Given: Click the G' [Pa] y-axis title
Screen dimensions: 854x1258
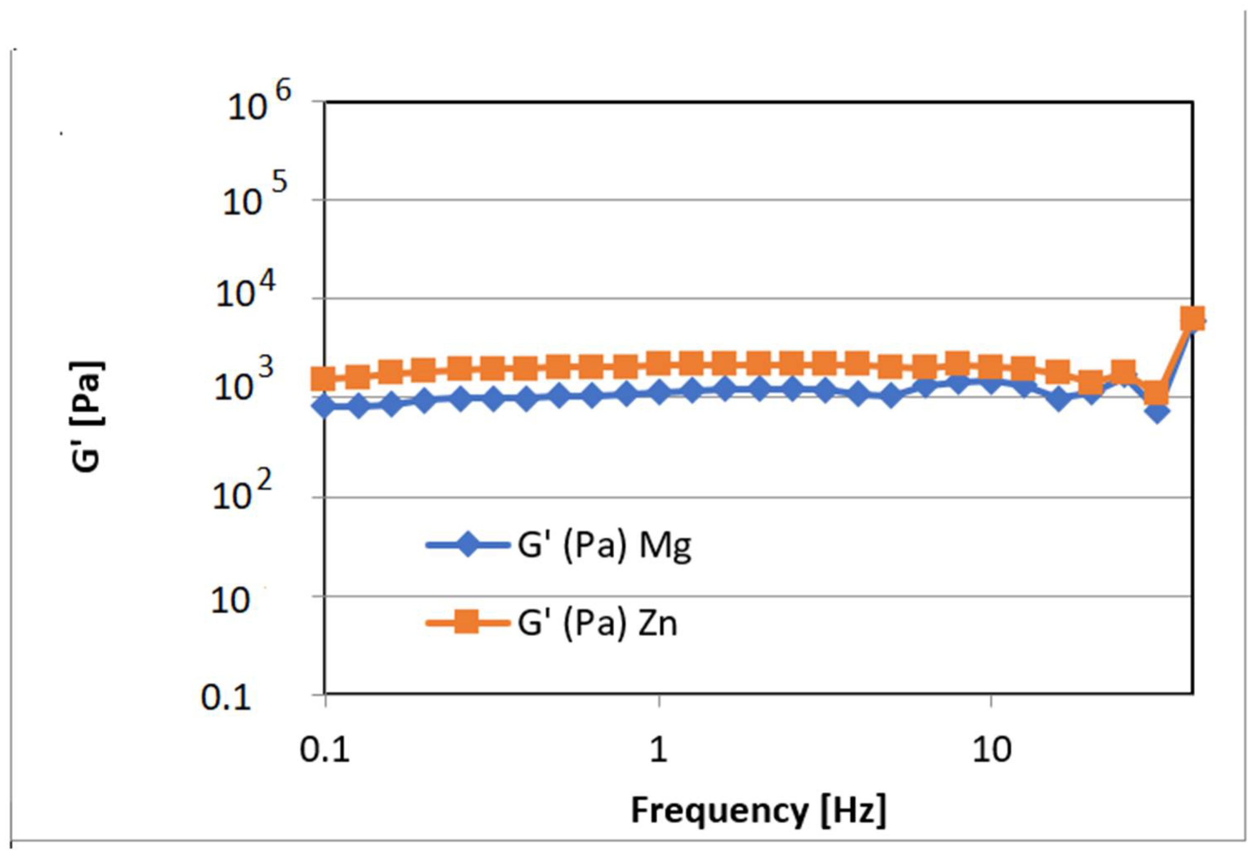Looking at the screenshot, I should pos(87,417).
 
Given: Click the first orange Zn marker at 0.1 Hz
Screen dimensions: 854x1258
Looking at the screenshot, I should pos(325,379).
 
